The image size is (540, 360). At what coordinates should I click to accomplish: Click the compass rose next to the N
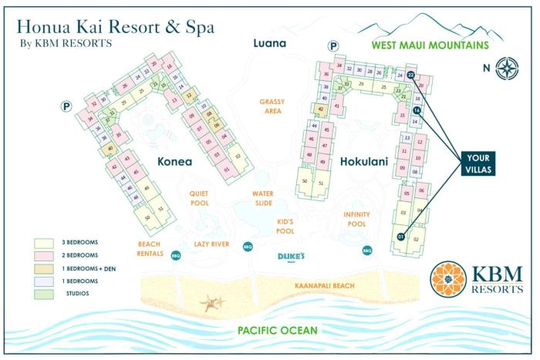click(508, 67)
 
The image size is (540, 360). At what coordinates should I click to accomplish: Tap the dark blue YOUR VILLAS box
click(478, 163)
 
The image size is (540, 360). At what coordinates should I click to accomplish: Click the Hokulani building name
click(363, 162)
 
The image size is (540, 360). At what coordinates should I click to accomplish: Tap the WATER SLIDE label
click(265, 198)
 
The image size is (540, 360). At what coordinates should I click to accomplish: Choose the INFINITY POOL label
click(356, 218)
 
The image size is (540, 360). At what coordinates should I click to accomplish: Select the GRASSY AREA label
click(272, 106)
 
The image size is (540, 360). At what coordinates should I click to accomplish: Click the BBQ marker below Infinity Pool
click(367, 250)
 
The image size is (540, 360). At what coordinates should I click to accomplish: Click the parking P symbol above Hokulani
click(333, 46)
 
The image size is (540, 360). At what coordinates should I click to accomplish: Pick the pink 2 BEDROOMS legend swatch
click(45, 254)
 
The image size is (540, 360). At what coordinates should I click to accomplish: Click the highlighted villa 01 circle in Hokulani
click(400, 237)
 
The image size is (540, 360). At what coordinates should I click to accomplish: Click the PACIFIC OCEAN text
click(267, 331)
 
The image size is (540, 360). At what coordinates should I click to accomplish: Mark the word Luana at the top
click(270, 43)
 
